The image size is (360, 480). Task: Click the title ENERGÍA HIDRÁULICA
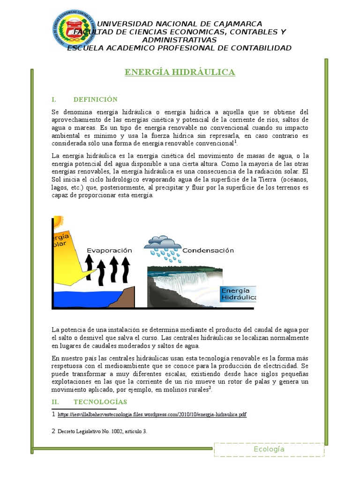click(x=180, y=72)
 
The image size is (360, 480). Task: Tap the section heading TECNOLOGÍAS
click(x=100, y=402)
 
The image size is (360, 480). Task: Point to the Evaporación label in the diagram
click(x=109, y=250)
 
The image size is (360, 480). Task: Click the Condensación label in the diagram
click(x=208, y=250)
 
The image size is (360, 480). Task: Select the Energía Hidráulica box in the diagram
click(x=238, y=293)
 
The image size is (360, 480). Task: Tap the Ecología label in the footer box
click(x=269, y=449)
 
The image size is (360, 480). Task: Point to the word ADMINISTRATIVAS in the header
click(x=180, y=40)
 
